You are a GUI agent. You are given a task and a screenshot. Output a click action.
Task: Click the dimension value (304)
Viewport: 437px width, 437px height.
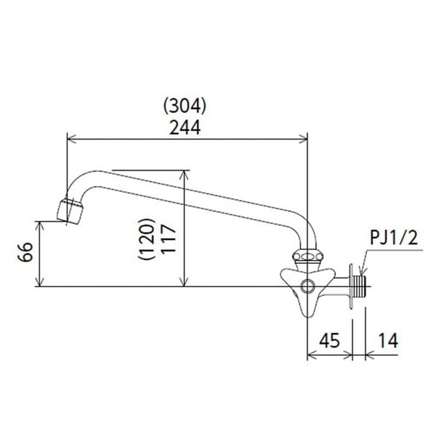(185, 106)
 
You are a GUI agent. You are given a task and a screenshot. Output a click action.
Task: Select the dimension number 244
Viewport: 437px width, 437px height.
(185, 128)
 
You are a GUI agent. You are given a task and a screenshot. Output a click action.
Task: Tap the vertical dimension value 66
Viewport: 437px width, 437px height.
(25, 252)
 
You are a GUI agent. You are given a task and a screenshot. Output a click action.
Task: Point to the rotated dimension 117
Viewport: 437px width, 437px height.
(169, 239)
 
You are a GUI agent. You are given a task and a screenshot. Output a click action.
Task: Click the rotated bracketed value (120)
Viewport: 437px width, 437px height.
(146, 239)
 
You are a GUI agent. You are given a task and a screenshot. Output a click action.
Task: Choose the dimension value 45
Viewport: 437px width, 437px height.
(329, 340)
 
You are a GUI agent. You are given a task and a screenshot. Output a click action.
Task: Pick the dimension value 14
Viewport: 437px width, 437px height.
(388, 340)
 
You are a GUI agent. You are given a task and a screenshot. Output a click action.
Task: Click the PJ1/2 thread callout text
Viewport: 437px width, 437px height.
(394, 238)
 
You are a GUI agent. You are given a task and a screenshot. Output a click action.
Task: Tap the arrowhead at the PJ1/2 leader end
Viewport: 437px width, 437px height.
(361, 271)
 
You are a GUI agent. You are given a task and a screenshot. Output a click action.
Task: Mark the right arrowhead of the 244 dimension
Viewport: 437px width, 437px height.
(303, 139)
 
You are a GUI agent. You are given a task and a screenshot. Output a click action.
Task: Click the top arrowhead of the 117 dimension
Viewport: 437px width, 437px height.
(184, 174)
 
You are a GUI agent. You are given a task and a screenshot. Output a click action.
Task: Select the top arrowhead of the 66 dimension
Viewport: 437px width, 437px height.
(40, 226)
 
